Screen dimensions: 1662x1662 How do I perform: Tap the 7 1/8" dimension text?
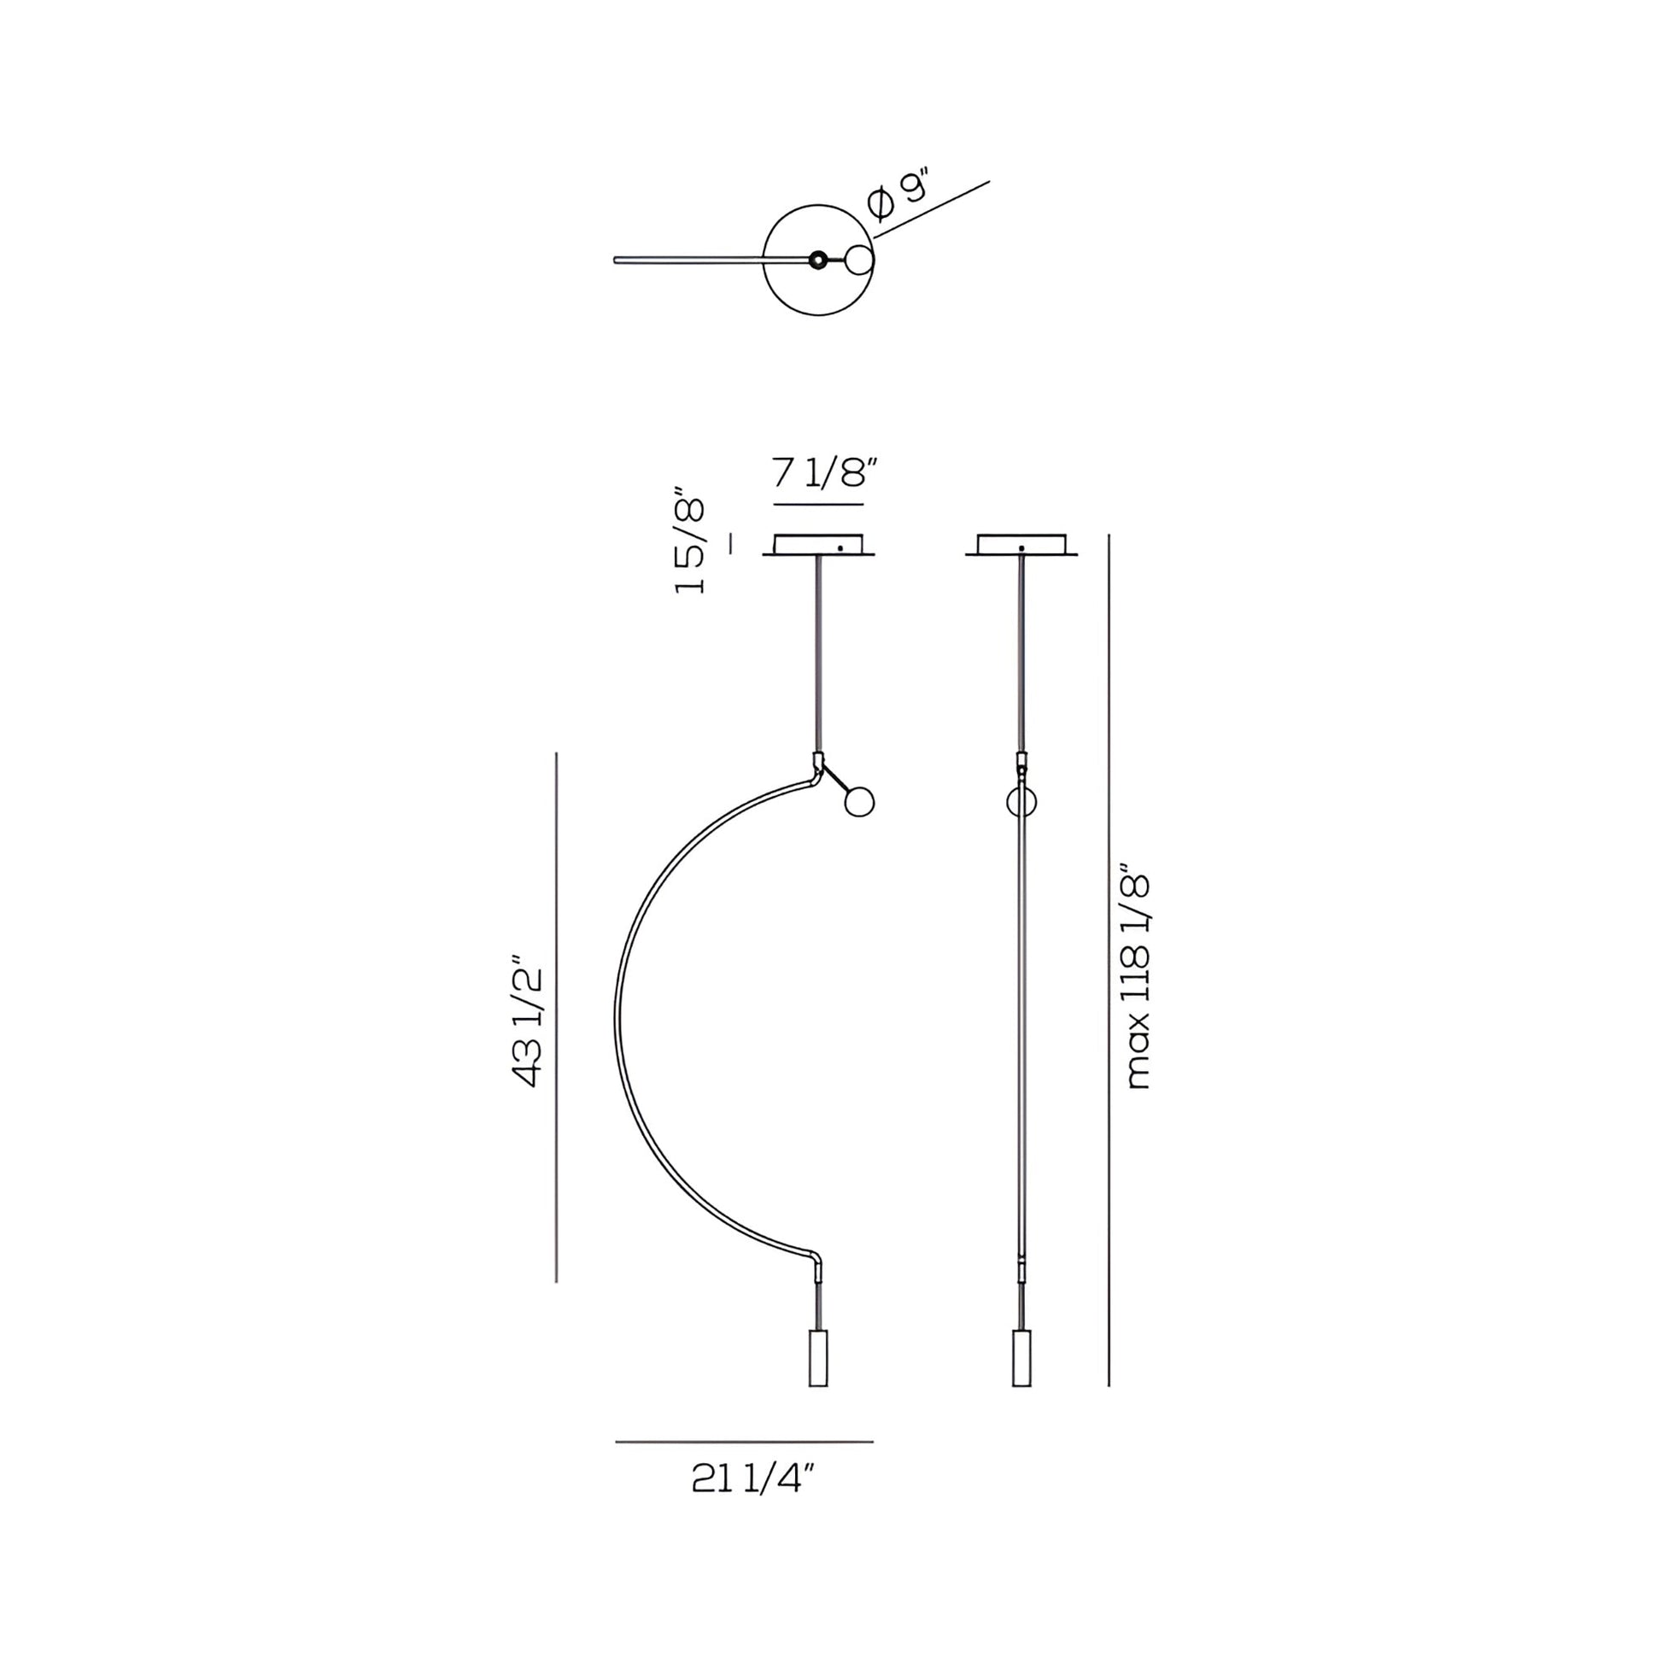pos(824,473)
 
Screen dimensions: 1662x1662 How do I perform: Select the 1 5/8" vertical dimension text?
pos(690,546)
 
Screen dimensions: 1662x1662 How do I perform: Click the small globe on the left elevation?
pos(858,802)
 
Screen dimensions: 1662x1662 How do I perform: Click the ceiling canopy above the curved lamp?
pos(818,546)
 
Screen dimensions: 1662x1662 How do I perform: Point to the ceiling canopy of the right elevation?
pos(1021,546)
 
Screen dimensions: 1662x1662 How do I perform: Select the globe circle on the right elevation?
pos(1021,802)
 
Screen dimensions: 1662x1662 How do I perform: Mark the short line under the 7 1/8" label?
pos(818,504)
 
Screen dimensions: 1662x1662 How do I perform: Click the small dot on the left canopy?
pos(840,548)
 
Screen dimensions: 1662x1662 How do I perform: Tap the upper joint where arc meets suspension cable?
pos(817,762)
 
